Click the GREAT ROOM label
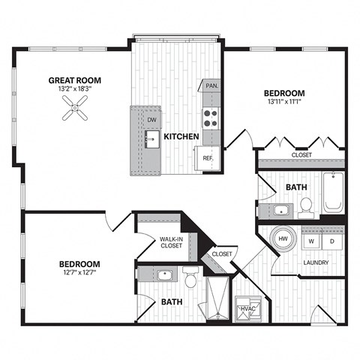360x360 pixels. [75, 80]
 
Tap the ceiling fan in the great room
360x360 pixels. [74, 112]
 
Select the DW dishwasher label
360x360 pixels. [151, 119]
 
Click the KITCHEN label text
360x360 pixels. [181, 136]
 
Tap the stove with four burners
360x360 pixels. [211, 117]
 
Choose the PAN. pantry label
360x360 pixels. [212, 87]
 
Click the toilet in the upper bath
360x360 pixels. [305, 205]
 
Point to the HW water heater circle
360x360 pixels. [283, 239]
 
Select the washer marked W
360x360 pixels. [310, 241]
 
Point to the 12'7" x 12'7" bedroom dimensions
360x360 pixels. [79, 273]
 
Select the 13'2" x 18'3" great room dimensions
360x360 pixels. [75, 89]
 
